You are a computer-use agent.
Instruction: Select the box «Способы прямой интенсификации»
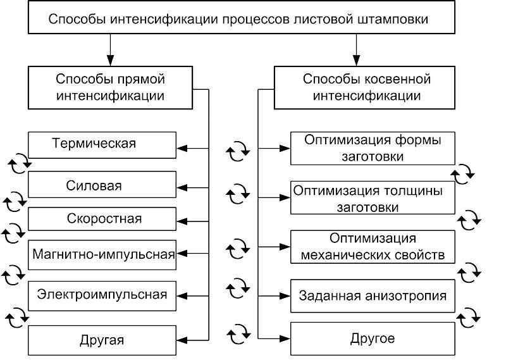click(110, 87)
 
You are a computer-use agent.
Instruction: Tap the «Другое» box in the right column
click(373, 338)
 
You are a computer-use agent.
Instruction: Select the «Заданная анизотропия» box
click(373, 295)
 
